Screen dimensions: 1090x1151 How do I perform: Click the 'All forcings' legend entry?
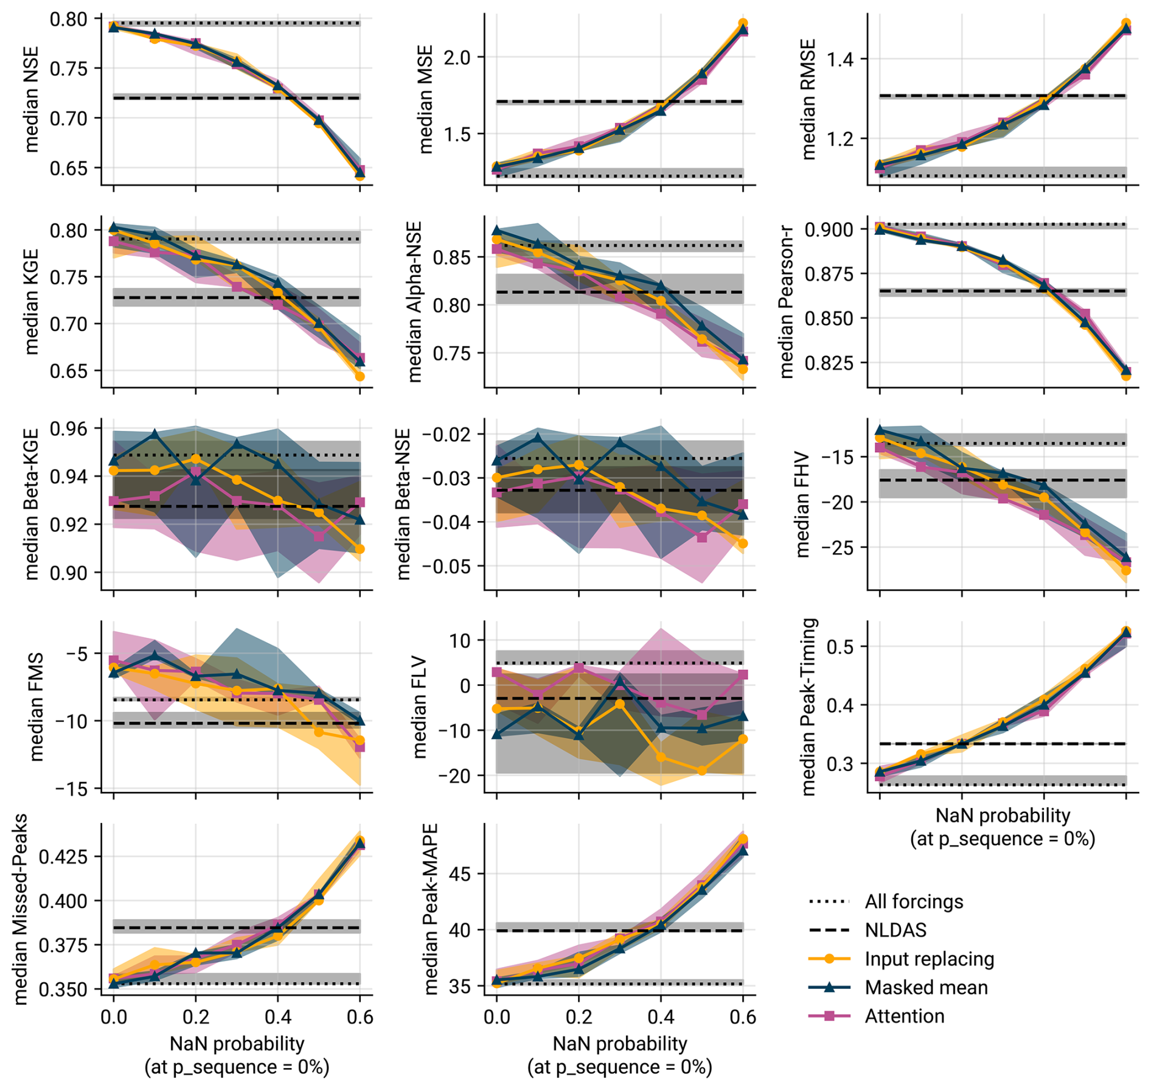pos(914,901)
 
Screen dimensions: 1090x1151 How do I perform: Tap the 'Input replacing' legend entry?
pos(929,959)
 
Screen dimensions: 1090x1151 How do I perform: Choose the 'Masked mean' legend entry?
pos(926,987)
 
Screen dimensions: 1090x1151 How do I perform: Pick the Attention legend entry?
pos(905,1016)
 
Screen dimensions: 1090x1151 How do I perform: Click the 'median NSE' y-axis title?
pos(31,99)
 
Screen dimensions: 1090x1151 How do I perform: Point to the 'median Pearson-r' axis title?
pos(786,302)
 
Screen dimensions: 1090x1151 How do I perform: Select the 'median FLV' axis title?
pos(419,707)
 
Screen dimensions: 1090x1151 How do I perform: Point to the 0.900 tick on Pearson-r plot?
pos(830,229)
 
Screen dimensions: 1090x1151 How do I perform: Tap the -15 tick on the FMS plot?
pos(71,789)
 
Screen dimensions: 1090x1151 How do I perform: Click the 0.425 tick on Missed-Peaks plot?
pos(63,857)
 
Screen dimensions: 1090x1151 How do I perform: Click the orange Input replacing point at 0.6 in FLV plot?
pos(742,739)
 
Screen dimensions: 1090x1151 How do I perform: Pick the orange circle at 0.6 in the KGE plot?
pos(360,377)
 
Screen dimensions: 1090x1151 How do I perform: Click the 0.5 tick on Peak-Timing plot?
pos(840,646)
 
